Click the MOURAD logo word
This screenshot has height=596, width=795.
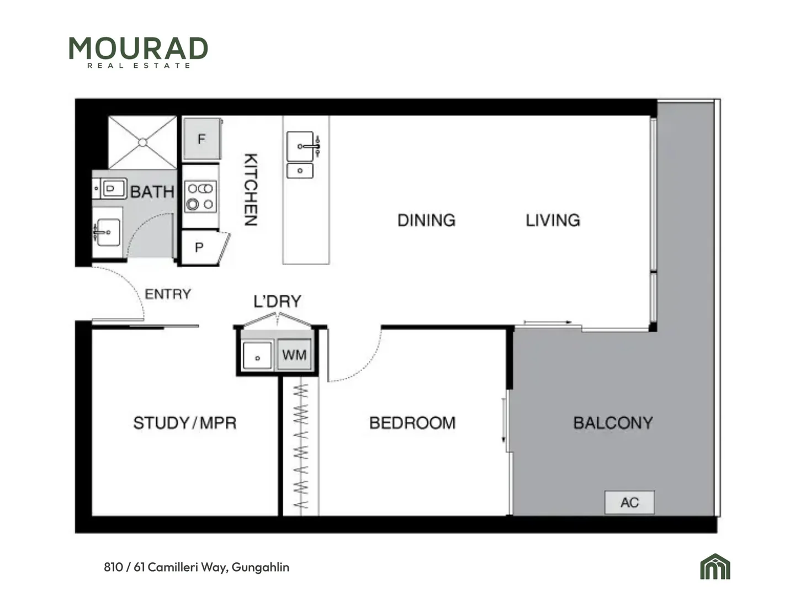pos(138,48)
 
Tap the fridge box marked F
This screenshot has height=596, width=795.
pos(202,139)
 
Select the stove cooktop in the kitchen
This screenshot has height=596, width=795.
pos(200,196)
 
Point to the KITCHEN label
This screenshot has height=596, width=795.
pos(251,189)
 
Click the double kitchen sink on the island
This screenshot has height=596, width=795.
pos(300,155)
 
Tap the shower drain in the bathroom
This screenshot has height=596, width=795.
pos(142,142)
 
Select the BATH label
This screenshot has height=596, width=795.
pos(152,192)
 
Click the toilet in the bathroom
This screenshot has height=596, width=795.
pos(110,188)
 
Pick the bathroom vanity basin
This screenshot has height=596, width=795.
pos(108,232)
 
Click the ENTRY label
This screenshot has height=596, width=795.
pos(168,294)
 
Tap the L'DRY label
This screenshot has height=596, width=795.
pos(277,301)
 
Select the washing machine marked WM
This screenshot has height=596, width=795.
pos(294,355)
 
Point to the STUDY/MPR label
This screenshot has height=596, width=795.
pos(185,423)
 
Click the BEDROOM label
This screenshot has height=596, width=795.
pos(412,423)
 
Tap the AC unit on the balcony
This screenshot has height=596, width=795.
pos(629,502)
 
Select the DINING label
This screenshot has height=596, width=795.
pos(426,220)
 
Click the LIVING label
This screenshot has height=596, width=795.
pos(553,220)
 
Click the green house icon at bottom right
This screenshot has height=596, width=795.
pos(715,566)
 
